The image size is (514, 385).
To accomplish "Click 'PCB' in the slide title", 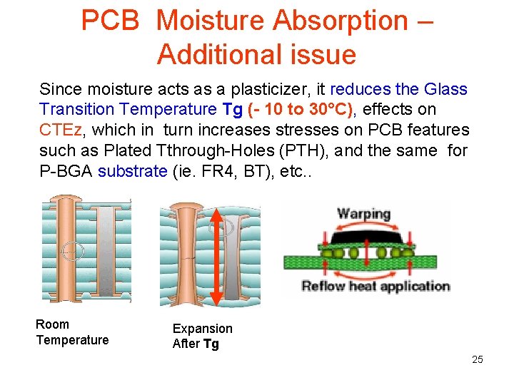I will (x=111, y=21).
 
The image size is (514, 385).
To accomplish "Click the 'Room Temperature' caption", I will (x=72, y=332).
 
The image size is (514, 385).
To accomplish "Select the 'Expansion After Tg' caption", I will (x=202, y=336).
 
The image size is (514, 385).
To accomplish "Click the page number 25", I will (x=477, y=359).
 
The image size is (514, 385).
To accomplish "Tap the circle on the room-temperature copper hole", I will (x=73, y=251).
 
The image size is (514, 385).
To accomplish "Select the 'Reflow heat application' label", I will (x=375, y=287).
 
